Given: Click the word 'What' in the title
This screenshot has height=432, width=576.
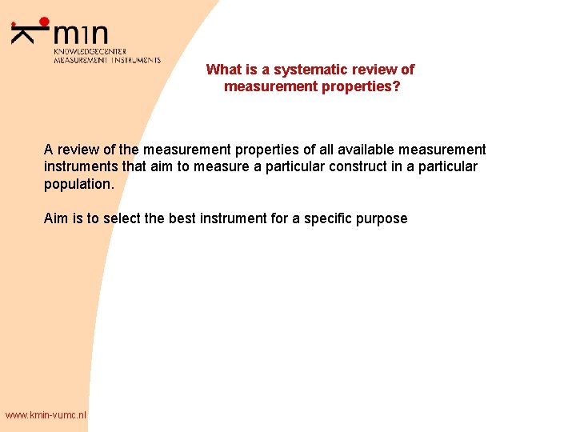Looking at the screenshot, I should [x=222, y=70].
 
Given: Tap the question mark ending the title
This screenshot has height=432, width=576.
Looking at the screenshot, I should [x=397, y=86].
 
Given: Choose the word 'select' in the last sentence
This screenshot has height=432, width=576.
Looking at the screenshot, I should [x=123, y=218].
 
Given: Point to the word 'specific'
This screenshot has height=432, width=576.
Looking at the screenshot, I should [x=317, y=218].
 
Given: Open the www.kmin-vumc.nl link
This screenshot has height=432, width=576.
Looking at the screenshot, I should [x=46, y=414].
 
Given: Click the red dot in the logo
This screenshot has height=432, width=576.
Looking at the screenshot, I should [x=44, y=22].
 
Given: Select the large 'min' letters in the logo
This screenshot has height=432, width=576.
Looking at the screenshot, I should [x=81, y=34].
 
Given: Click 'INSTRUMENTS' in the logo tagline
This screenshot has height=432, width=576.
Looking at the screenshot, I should [x=136, y=60].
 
